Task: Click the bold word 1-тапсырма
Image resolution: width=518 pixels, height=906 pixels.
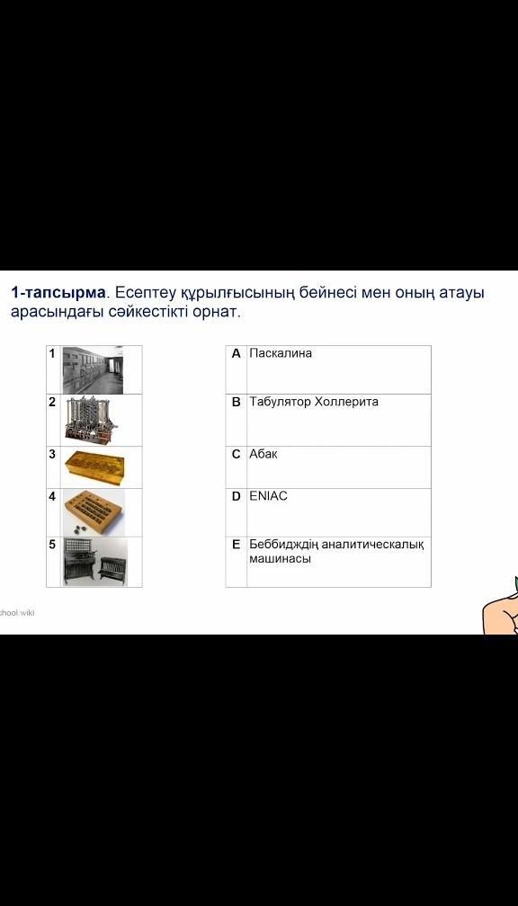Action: coord(58,293)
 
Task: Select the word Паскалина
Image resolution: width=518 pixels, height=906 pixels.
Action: coord(281,353)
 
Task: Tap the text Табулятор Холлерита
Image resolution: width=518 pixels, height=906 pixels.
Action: coord(314,402)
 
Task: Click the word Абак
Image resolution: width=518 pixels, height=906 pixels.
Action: coord(263,454)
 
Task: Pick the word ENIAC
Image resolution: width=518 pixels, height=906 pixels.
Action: coord(268,496)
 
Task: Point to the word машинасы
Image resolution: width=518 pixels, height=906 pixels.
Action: coord(280,559)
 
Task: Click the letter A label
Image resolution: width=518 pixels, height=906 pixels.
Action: coord(236,353)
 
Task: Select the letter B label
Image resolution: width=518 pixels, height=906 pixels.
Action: coord(236,402)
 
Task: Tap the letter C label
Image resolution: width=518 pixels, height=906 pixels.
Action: coord(236,454)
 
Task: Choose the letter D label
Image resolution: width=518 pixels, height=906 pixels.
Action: coord(236,496)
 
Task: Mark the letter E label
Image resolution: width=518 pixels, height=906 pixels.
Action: coord(236,545)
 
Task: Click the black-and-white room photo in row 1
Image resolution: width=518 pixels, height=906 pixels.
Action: coord(93,369)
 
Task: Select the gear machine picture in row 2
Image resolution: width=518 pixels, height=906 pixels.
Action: coord(94,420)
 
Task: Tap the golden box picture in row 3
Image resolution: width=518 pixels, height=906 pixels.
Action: coord(94,467)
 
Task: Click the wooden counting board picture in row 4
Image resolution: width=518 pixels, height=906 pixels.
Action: coord(94,512)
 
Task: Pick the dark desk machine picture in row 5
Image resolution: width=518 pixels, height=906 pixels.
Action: coord(94,562)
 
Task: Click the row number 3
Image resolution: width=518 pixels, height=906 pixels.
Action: coord(52,454)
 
